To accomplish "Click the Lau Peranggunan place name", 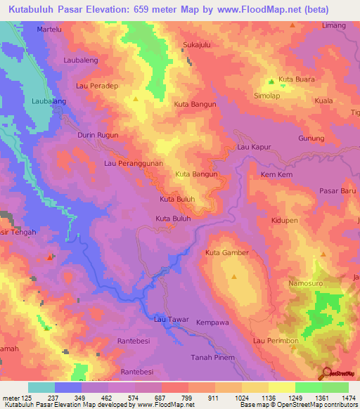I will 134,163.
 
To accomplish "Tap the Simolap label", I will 266,95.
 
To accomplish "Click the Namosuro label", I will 305,283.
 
